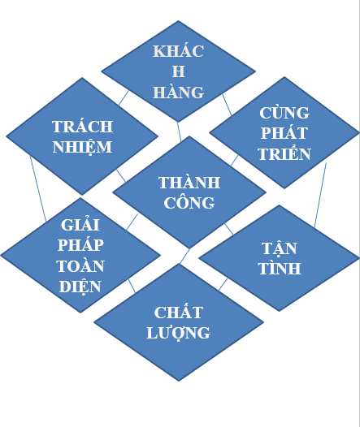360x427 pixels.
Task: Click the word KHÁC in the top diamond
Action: [178, 51]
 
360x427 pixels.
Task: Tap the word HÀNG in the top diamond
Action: [178, 92]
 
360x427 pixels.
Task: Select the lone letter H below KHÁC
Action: [179, 71]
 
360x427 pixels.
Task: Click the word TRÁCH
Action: [82, 127]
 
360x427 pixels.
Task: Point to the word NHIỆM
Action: [82, 147]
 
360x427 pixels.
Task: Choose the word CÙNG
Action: [284, 113]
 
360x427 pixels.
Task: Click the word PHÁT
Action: [284, 133]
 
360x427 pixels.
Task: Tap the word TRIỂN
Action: [284, 153]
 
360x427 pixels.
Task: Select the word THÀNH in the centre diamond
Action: [189, 182]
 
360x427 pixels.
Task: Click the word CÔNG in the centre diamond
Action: [189, 203]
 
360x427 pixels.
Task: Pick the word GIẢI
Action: [80, 224]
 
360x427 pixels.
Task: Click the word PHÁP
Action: [80, 245]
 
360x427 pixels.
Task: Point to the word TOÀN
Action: [80, 265]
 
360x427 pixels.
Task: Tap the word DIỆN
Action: [80, 287]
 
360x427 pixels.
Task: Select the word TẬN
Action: [280, 248]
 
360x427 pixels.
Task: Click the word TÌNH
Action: [280, 268]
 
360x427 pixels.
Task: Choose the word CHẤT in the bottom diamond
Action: [179, 312]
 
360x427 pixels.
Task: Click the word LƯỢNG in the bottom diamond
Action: [179, 333]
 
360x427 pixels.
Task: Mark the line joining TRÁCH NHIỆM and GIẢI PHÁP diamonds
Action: [38, 188]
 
